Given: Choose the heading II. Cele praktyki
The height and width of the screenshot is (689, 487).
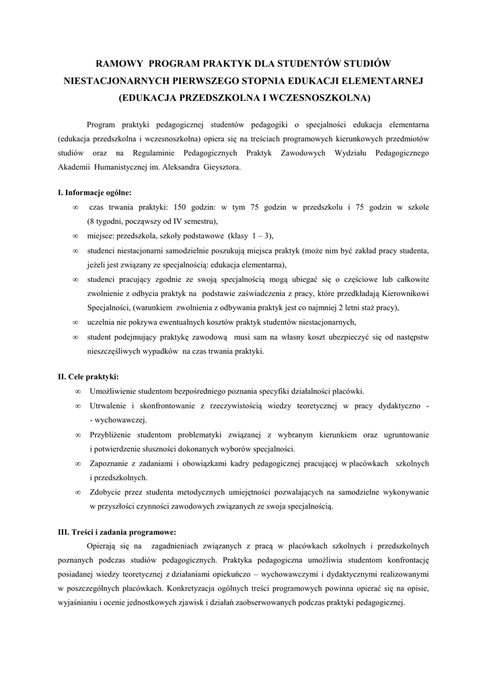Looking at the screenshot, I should click(x=88, y=376).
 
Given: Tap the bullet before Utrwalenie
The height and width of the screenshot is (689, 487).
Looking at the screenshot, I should click(x=79, y=406).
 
